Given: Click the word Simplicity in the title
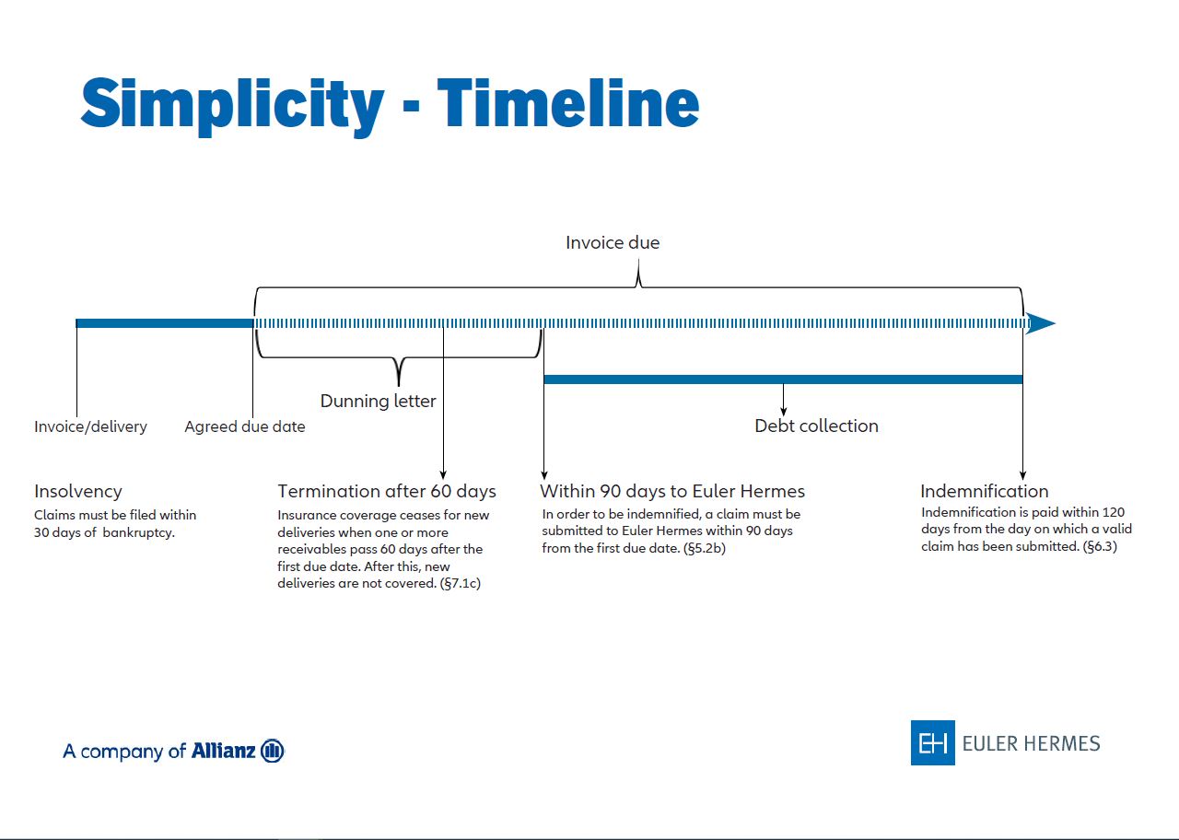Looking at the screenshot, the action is tap(232, 105).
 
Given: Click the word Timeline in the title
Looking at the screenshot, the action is tap(568, 102).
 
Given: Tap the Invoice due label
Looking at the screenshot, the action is tap(613, 242).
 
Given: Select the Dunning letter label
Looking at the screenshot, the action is tap(378, 401).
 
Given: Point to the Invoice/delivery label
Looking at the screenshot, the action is tap(90, 426).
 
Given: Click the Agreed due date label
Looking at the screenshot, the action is tap(245, 426).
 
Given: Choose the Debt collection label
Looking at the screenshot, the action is tap(816, 426).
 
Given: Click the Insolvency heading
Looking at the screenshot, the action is tap(78, 492).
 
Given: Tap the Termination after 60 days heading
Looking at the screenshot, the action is tap(387, 492).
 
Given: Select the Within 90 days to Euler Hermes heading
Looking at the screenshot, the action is tap(672, 492).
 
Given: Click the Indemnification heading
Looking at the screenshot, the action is tap(985, 492).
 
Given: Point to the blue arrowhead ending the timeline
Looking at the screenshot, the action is tap(1041, 323).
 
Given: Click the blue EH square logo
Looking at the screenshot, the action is tap(933, 742).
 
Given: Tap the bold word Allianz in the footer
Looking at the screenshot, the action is tap(223, 751).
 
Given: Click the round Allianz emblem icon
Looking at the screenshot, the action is tap(272, 751).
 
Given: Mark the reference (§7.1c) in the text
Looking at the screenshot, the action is tap(460, 583).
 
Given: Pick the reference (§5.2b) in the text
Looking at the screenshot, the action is tap(705, 548).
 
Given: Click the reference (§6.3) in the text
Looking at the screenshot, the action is tap(1100, 546).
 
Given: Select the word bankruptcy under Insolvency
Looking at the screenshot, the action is tap(138, 532).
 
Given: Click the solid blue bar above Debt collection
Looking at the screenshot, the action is tap(783, 379).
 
